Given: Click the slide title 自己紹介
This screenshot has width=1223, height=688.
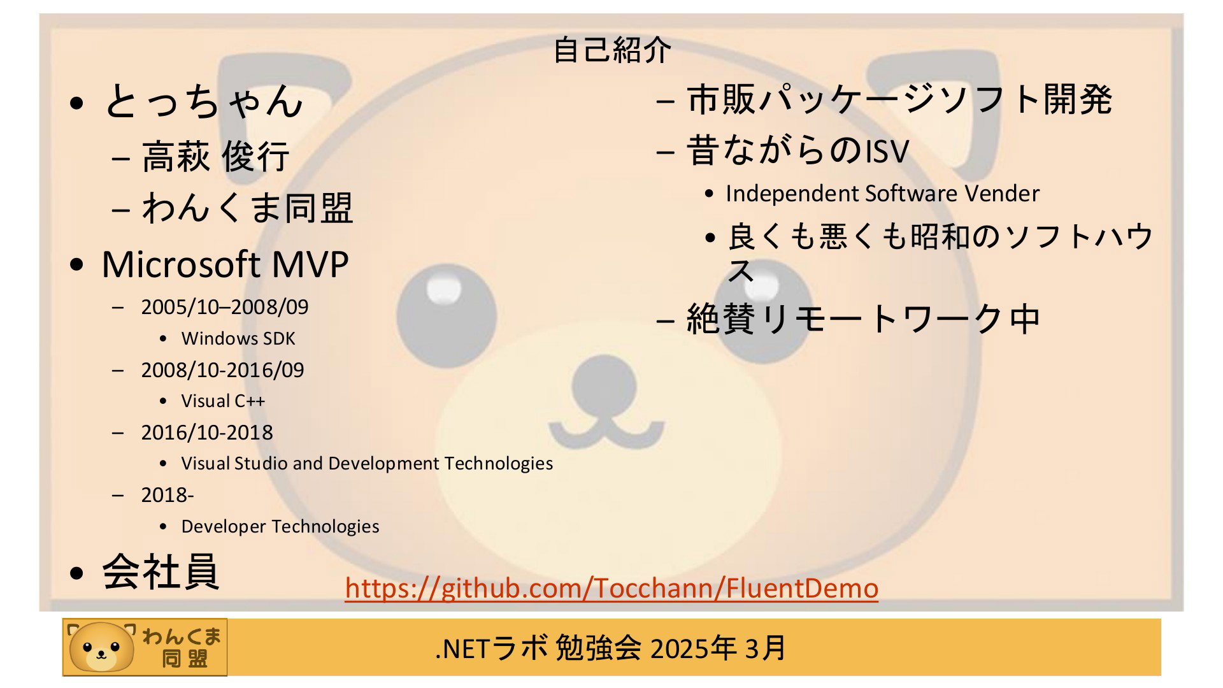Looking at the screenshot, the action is click(x=611, y=50).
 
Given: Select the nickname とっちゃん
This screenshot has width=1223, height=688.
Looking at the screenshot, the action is click(x=203, y=101).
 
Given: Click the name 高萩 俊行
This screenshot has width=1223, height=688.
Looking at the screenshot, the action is click(x=215, y=157).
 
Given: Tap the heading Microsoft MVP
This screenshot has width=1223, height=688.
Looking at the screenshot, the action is click(x=225, y=264).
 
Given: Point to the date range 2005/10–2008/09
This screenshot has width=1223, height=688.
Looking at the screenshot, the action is click(x=225, y=307).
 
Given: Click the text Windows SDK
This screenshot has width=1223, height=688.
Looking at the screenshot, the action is click(x=238, y=338).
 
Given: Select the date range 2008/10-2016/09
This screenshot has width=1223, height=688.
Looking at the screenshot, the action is click(x=223, y=370).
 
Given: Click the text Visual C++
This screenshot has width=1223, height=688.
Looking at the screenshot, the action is click(x=223, y=401).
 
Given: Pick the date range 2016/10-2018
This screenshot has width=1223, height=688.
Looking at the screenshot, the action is click(x=207, y=433).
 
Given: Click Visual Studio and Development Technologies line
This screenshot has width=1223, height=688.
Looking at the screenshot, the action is click(x=367, y=463).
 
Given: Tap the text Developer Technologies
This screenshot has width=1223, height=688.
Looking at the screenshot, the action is click(x=280, y=526).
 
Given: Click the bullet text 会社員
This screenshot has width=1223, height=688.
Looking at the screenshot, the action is click(x=161, y=571).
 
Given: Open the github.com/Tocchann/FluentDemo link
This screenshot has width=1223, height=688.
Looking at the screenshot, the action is click(x=611, y=587).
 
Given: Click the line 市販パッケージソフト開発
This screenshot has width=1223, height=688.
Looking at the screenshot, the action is click(x=899, y=99).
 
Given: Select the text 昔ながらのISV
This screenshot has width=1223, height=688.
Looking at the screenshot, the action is click(x=797, y=152).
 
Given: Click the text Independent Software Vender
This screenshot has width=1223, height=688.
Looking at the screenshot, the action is click(x=882, y=194).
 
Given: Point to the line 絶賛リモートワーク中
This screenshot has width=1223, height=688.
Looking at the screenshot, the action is click(x=863, y=319).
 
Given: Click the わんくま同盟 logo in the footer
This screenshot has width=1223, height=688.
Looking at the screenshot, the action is click(x=145, y=647).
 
